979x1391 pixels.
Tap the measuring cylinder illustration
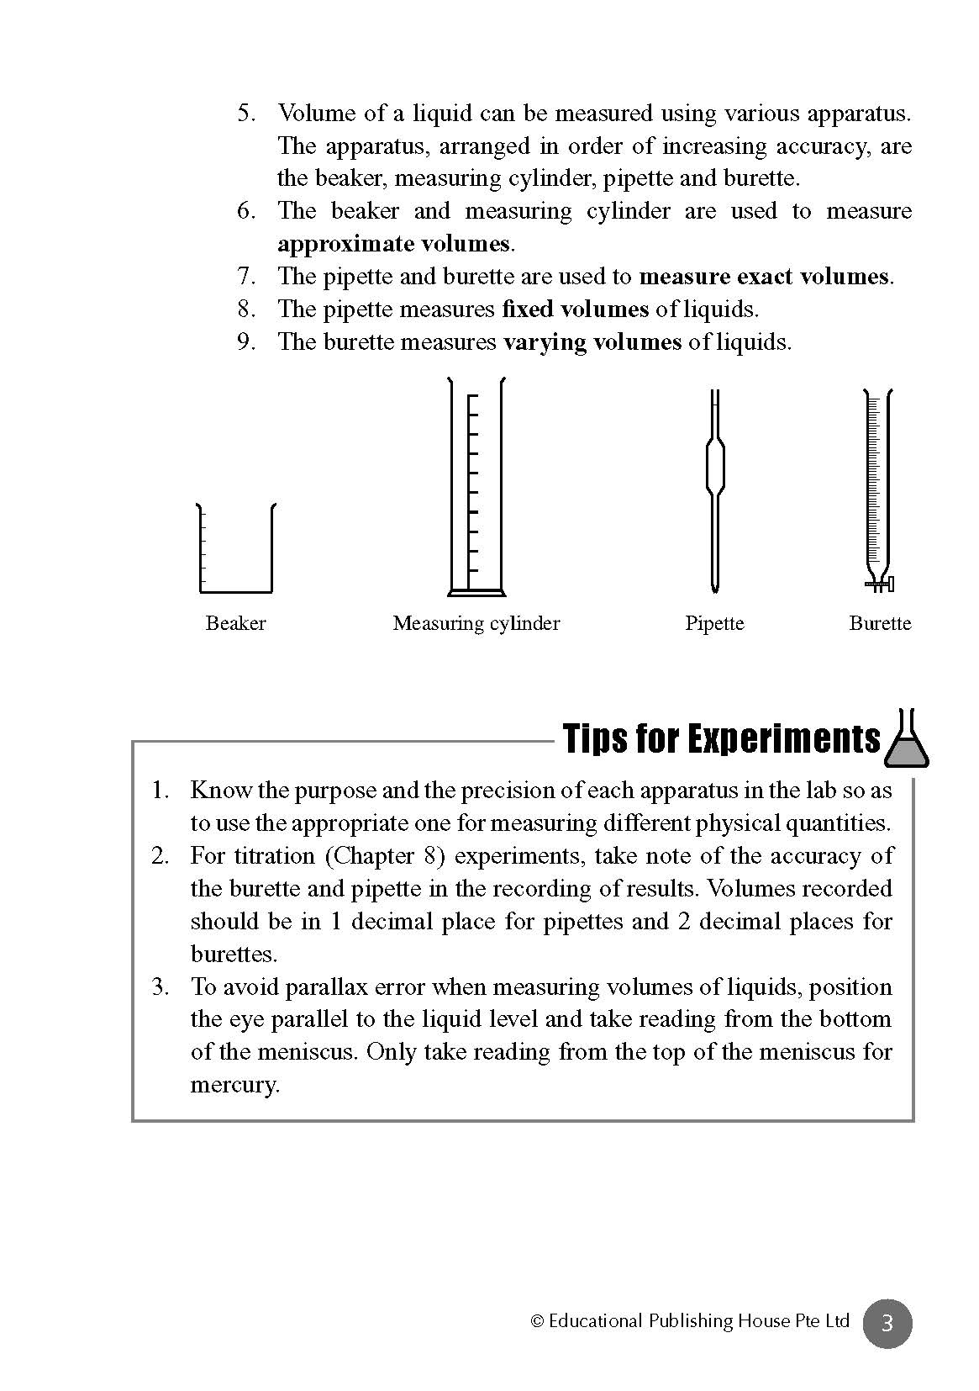(476, 488)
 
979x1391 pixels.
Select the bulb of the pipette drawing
(714, 467)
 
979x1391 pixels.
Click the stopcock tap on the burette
(881, 581)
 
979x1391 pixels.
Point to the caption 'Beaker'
(235, 623)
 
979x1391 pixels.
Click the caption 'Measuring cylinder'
(476, 623)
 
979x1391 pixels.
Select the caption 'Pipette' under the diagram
(714, 623)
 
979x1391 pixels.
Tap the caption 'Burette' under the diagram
(880, 623)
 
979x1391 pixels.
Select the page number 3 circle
(887, 1324)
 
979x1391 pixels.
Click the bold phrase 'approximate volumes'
(393, 244)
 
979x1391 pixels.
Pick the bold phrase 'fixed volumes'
(575, 309)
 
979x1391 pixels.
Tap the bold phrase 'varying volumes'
(592, 342)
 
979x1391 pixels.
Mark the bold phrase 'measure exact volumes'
(763, 277)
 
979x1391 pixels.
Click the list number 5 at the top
(245, 113)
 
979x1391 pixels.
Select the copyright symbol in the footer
(538, 1322)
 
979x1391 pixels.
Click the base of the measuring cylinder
(476, 593)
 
